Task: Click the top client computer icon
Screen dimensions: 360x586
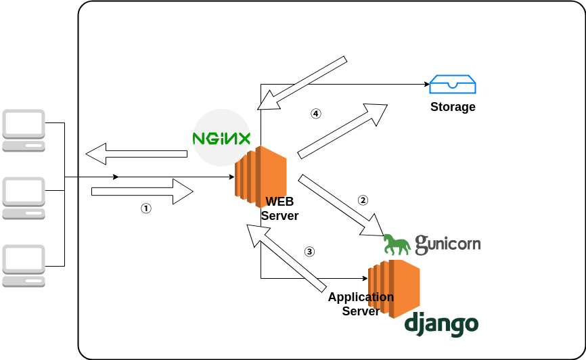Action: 24,131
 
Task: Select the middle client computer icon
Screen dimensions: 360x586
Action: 24,198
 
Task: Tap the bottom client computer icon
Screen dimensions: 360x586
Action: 24,266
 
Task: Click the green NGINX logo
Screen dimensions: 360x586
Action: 222,139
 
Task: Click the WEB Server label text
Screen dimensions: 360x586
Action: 279,208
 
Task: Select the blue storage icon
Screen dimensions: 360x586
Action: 453,85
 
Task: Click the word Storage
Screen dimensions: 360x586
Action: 453,107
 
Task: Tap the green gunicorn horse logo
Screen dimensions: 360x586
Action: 397,244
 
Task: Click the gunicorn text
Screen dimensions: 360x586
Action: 448,243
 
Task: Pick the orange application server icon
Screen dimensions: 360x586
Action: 394,287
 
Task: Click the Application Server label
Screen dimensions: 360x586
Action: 361,304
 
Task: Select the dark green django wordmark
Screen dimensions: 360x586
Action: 441,324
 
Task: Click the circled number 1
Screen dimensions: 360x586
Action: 145,209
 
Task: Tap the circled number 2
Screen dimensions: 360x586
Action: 363,200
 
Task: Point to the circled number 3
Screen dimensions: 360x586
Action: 310,252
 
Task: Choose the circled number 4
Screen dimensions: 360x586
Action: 315,114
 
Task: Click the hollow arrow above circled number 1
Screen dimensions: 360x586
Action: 142,192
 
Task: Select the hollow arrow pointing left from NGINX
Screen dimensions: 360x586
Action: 136,154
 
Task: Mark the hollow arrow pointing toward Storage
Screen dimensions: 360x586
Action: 342,131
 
